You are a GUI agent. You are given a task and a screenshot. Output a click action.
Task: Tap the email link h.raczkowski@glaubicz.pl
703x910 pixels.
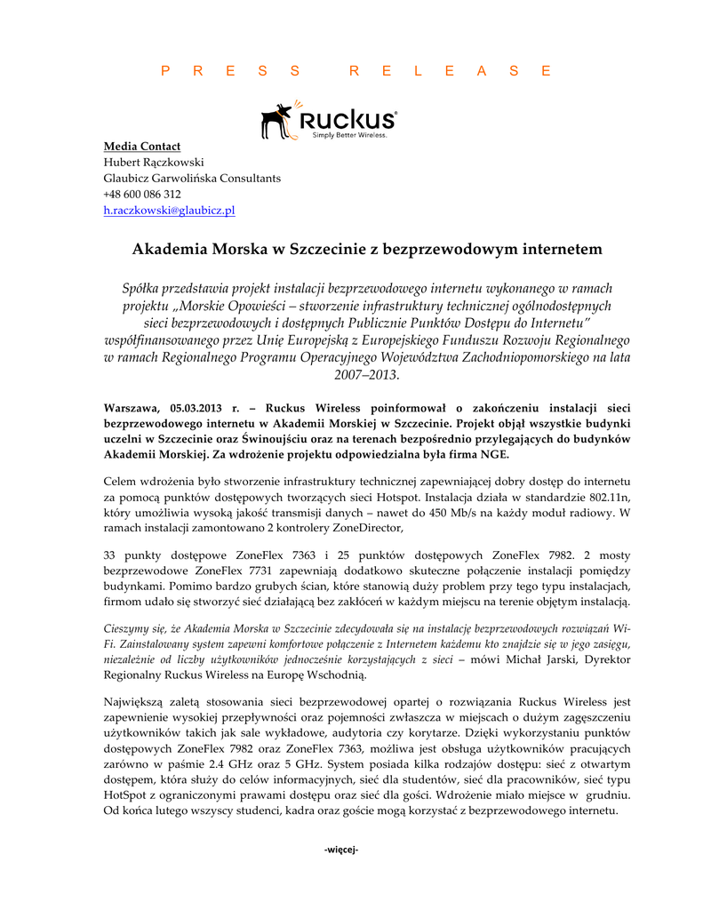tap(169, 211)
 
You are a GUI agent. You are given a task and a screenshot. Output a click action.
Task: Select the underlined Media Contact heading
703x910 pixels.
tap(142, 146)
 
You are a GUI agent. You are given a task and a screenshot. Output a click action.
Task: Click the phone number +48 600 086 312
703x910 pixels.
tap(142, 195)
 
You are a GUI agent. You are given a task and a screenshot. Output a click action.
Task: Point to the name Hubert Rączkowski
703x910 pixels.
tap(154, 162)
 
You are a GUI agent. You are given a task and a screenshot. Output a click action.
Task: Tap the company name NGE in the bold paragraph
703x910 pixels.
tap(496, 455)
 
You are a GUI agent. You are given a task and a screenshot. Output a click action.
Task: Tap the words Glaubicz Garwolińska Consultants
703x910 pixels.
tap(192, 178)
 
